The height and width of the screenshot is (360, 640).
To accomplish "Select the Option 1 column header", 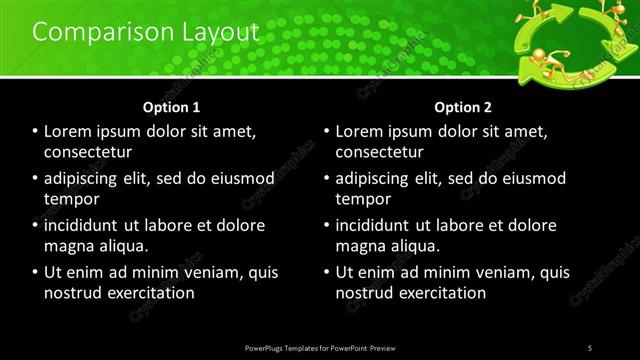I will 171,107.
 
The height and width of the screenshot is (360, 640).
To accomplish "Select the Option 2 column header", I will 462,107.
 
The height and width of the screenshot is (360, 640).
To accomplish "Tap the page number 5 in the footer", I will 590,347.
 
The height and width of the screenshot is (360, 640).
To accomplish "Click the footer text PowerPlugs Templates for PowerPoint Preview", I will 319,347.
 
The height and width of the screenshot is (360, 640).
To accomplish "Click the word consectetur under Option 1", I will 88,152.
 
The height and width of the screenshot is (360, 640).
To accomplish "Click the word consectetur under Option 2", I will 379,152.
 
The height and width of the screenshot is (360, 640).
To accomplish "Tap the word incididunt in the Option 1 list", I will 87,225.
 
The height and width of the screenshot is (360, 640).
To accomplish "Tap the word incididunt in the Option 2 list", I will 378,225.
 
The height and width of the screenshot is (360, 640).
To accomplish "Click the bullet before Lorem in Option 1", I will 35,131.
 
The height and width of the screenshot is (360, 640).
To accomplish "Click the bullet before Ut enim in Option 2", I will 326,272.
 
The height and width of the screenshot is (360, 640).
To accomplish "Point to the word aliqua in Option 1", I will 122,246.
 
